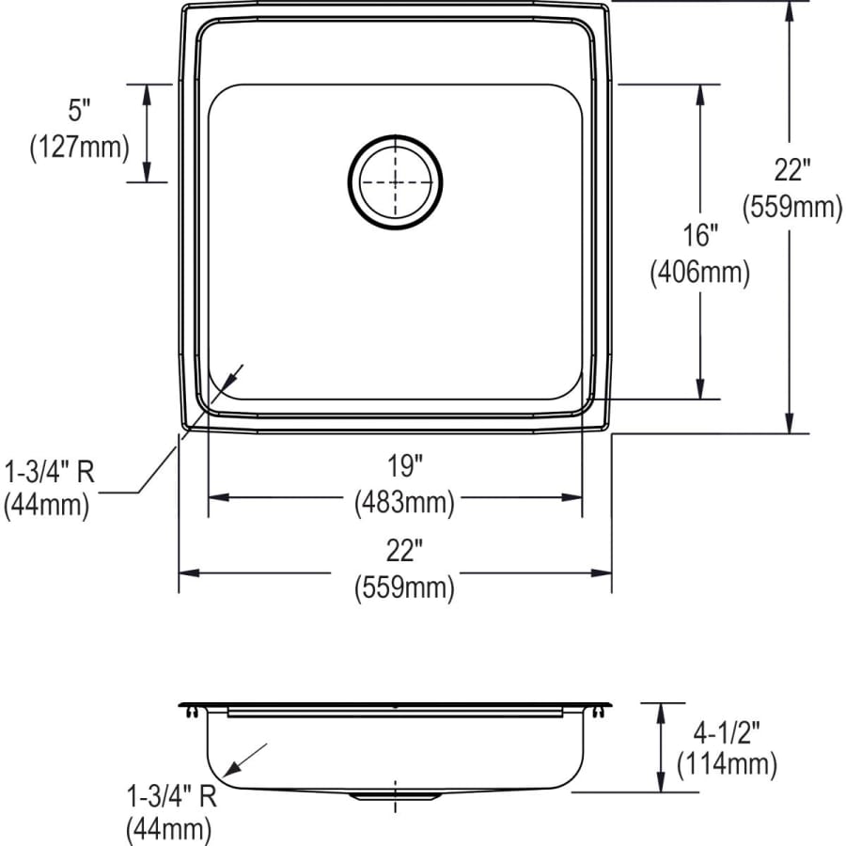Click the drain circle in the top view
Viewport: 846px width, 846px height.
(x=395, y=181)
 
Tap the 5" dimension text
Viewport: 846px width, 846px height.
(x=79, y=111)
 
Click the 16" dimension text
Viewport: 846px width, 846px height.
(x=699, y=235)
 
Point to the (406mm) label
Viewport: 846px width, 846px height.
(x=699, y=273)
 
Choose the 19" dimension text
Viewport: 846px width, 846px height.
(x=404, y=464)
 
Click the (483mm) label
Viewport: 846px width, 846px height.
(x=404, y=503)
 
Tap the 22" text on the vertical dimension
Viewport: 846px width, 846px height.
(x=791, y=170)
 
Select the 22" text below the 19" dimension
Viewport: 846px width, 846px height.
(x=404, y=549)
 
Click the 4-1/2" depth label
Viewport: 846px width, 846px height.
(x=727, y=728)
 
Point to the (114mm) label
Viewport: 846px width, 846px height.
(x=727, y=764)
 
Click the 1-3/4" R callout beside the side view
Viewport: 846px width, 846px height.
(x=171, y=797)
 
